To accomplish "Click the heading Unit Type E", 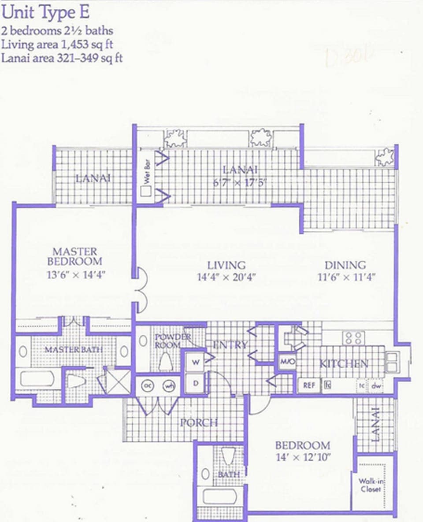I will point(45,12).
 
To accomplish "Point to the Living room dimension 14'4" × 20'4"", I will point(226,278).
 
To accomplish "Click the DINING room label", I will point(345,265).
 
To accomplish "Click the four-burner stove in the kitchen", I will point(353,338).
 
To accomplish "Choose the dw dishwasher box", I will point(376,385).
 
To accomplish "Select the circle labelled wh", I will point(168,386).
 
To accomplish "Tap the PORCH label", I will point(199,423).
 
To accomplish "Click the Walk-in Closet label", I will point(370,485).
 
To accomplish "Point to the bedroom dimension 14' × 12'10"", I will point(302,456).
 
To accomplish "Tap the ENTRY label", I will point(230,345).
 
